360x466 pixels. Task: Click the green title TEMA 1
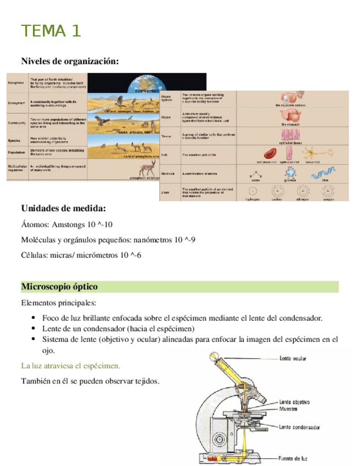tap(51, 31)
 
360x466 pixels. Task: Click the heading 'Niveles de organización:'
tap(70, 61)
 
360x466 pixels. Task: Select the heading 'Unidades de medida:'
tap(64, 209)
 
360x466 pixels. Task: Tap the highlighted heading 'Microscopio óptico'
tap(59, 287)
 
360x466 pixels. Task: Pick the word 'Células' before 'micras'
tap(34, 256)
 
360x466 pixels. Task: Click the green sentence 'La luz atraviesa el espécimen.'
tap(70, 365)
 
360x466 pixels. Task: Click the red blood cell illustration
tap(271, 154)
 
